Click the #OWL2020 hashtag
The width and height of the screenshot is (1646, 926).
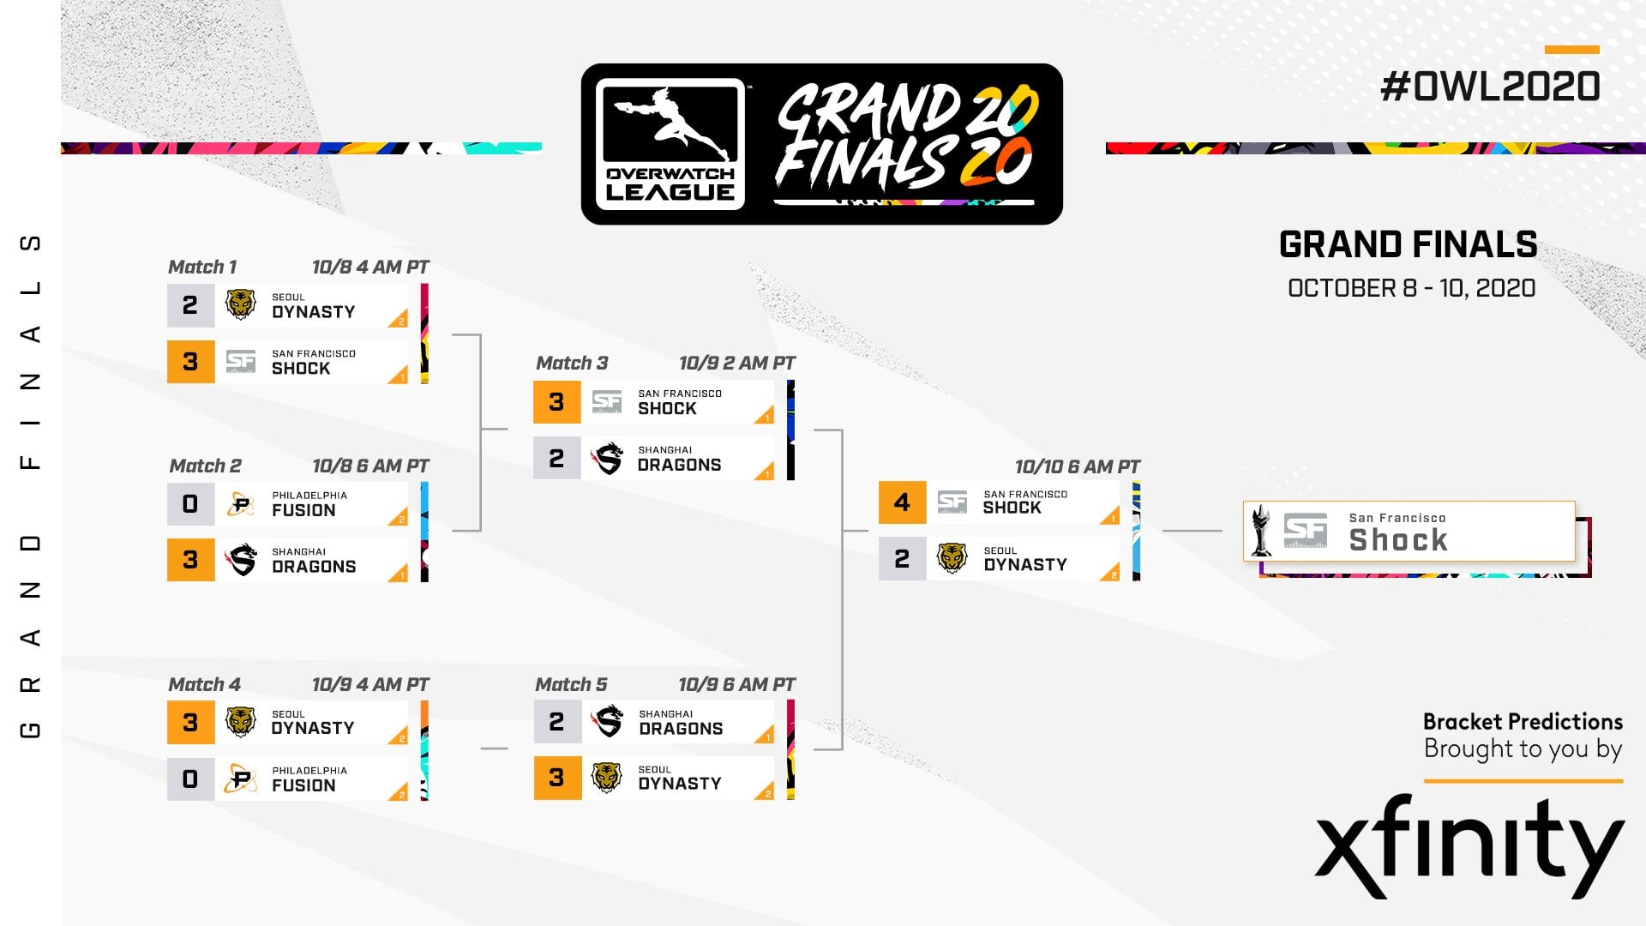pos(1490,87)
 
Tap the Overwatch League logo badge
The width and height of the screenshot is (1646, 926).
pos(670,144)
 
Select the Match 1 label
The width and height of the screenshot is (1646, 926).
pos(202,267)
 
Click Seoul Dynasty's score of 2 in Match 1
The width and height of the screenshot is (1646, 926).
pos(190,305)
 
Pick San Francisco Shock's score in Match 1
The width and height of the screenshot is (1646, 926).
pos(190,361)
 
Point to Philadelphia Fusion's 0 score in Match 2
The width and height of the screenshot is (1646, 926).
pos(190,503)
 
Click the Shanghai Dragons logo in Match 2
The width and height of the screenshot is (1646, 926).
pos(242,560)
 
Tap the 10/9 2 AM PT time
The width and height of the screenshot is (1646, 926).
pos(737,363)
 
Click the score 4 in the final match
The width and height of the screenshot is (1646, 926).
pos(902,502)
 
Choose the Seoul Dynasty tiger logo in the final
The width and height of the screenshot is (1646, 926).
pos(952,558)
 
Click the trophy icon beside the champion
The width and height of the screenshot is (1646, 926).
pos(1261,531)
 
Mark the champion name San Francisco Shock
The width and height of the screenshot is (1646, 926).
pos(1398,532)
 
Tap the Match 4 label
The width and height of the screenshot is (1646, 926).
pos(204,684)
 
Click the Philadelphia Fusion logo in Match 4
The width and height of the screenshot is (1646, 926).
pos(241,779)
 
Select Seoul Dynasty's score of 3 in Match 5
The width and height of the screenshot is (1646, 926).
pos(557,778)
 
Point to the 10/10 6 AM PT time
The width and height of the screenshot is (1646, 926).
pos(1078,466)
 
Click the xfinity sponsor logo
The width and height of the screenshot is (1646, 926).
pos(1469,846)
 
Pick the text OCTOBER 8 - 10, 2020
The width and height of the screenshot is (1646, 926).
pos(1411,288)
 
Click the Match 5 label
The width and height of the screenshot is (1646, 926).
pos(571,684)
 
